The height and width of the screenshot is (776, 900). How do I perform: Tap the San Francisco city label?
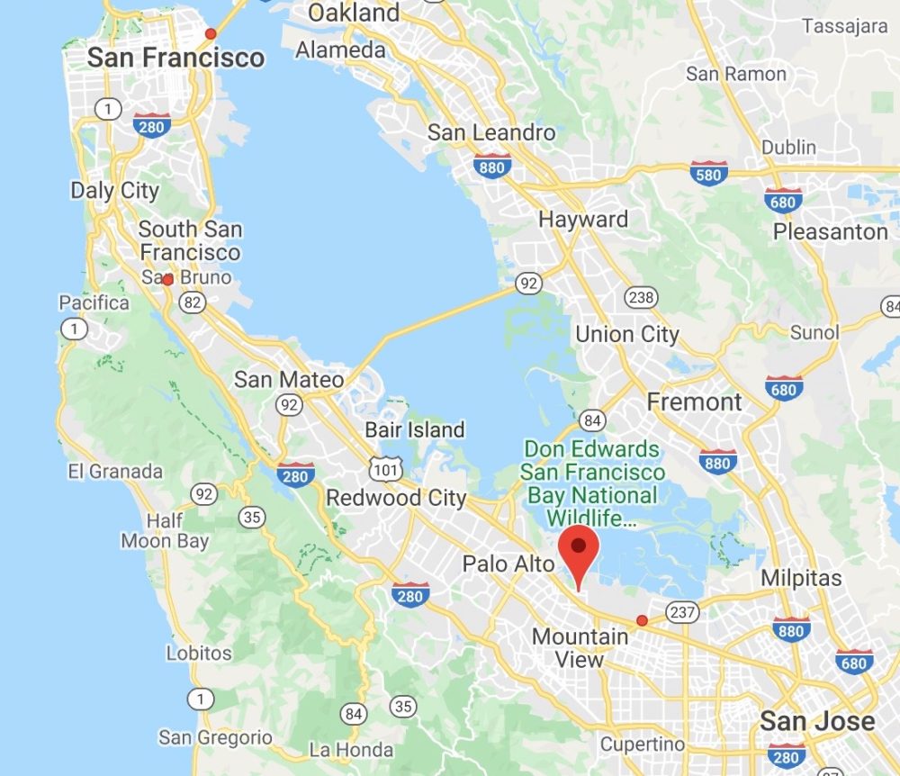click(x=175, y=59)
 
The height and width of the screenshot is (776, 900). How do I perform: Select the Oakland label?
click(x=354, y=13)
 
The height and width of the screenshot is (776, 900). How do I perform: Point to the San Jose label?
click(x=816, y=721)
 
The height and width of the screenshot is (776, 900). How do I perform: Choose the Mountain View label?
click(x=580, y=648)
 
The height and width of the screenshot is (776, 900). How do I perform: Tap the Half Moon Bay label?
click(x=165, y=531)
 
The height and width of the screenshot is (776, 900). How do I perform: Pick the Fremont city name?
click(x=695, y=402)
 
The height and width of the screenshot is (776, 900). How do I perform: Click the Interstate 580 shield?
click(x=709, y=173)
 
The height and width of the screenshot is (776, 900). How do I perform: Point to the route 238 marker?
click(x=641, y=298)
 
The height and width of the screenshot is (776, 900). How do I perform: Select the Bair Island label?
click(x=414, y=429)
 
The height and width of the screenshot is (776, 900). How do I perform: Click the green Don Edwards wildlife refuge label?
click(x=592, y=483)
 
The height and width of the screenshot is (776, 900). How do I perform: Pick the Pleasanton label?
click(x=830, y=231)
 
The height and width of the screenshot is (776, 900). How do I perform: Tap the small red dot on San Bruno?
click(x=167, y=280)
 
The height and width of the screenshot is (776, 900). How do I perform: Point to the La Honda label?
click(x=350, y=750)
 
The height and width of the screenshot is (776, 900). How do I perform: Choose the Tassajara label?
click(x=845, y=26)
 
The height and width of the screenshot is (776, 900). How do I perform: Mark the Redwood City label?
click(x=396, y=498)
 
